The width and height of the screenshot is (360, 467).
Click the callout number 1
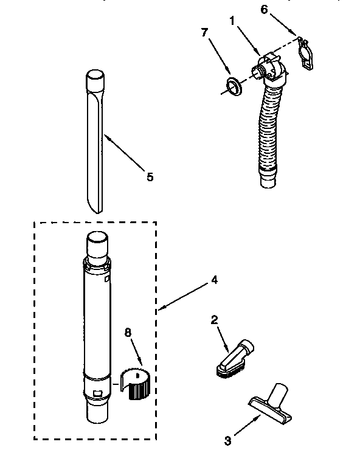(x=232, y=21)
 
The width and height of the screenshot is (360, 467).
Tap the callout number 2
(x=213, y=320)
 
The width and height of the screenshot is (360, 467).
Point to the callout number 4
(x=213, y=280)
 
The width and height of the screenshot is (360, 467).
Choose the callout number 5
(x=149, y=177)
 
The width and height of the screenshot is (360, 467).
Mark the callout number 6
(x=263, y=10)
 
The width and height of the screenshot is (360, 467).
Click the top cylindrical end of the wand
(x=96, y=246)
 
